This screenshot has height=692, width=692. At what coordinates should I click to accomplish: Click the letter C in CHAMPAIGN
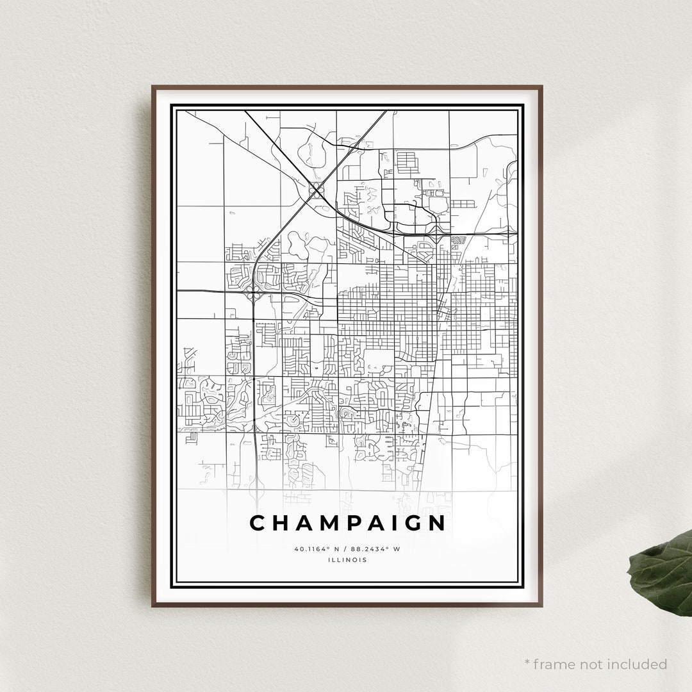pyautogui.click(x=258, y=523)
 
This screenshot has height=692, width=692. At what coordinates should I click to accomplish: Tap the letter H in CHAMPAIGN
pyautogui.click(x=281, y=523)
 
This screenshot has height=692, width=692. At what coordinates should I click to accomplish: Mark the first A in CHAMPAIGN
pyautogui.click(x=305, y=523)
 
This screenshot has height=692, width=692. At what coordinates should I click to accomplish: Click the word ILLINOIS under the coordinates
pyautogui.click(x=347, y=560)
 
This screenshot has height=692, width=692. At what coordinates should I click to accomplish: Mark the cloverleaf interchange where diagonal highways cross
pyautogui.click(x=316, y=188)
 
